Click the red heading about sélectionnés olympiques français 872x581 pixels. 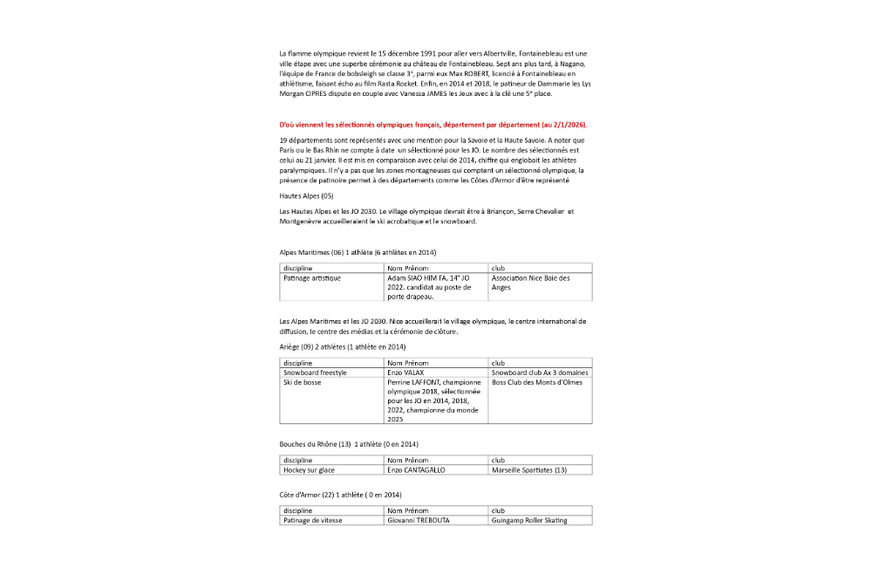tap(433, 125)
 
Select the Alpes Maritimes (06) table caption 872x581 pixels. tap(358, 252)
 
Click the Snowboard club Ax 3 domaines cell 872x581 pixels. tap(540, 373)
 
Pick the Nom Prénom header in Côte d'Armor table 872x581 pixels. tap(409, 510)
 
